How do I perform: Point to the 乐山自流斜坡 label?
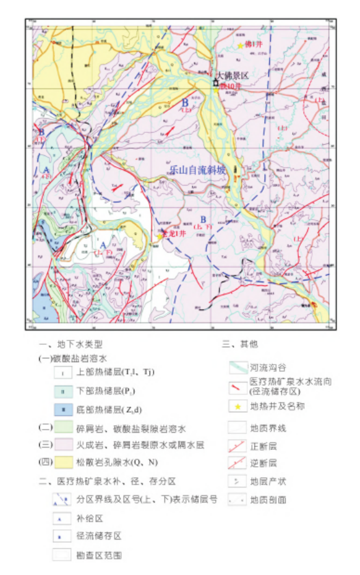pos(198,169)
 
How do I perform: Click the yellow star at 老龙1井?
pos(160,236)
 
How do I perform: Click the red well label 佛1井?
pos(254,45)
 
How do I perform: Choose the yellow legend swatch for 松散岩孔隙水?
pos(64,462)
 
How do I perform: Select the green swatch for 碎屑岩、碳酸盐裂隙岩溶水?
pos(64,427)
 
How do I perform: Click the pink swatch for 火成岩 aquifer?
pos(64,444)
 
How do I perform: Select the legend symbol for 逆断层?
pos(238,463)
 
